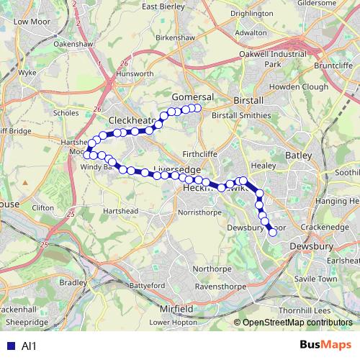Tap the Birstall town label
tap(249, 101)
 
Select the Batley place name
tap(297, 155)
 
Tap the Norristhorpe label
tap(202, 213)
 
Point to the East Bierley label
tap(180, 6)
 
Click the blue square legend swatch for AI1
tap(9, 346)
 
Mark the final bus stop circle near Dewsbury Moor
tap(272, 232)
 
